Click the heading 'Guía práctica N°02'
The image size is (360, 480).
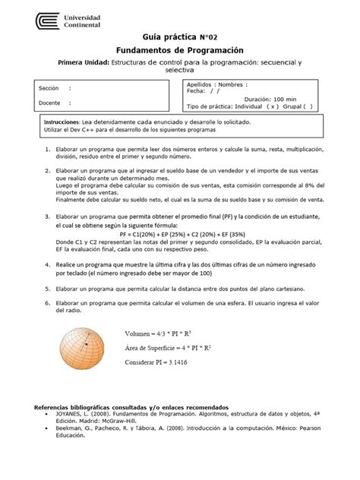coord(179,37)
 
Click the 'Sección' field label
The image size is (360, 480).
coord(49,89)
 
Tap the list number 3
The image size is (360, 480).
coord(48,216)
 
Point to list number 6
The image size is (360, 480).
coord(48,302)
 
